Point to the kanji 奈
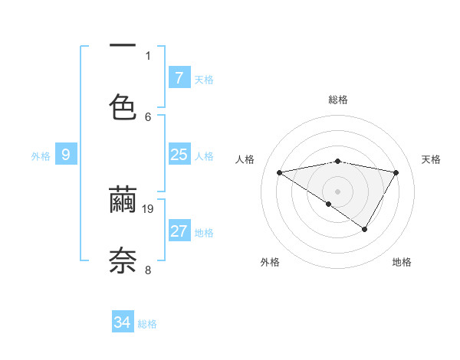tap(123, 260)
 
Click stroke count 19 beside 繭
tap(149, 208)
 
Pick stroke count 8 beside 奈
tap(148, 270)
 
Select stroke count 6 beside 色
tap(148, 116)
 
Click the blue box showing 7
tap(179, 78)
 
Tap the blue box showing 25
tap(179, 155)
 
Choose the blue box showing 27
tap(179, 231)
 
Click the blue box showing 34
tap(123, 322)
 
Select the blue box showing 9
tap(66, 155)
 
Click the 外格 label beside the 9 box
tap(41, 156)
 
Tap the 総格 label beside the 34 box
tap(147, 324)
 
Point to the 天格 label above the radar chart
tap(431, 159)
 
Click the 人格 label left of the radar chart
tap(245, 159)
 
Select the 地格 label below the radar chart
tap(402, 262)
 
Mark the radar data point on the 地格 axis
tap(365, 229)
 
